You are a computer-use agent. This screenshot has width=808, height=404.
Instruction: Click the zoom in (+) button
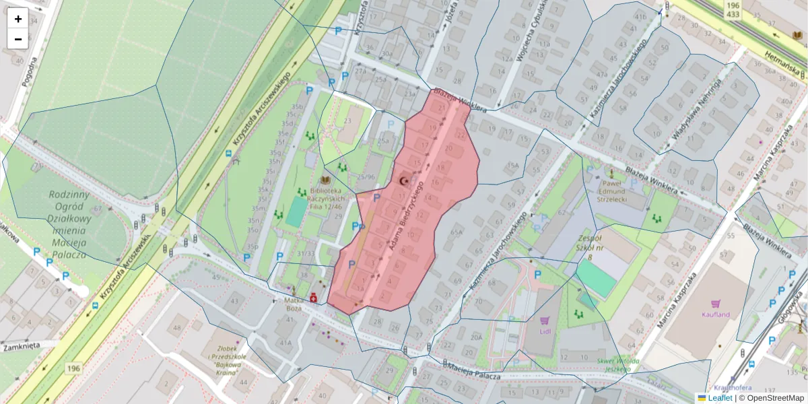click(18, 19)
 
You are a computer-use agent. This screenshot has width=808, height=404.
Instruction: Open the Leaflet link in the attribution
click(720, 398)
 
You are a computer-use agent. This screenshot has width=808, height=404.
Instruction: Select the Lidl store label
click(545, 331)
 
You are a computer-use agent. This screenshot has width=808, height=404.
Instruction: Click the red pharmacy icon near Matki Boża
click(314, 297)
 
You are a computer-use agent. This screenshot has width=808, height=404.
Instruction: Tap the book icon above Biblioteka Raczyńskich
click(326, 180)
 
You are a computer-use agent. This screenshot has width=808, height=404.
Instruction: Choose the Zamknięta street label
click(21, 345)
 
